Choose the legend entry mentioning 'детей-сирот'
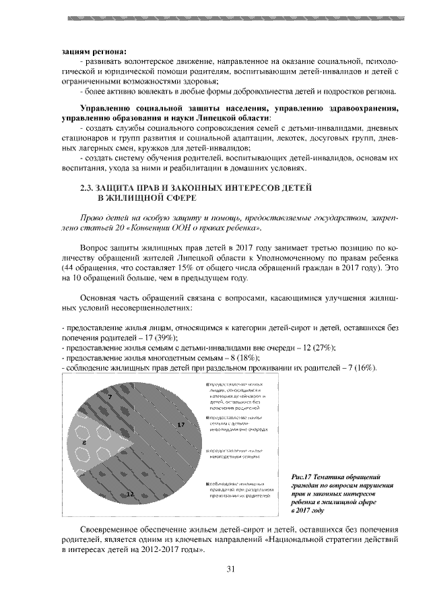234,395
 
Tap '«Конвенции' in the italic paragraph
153,228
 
